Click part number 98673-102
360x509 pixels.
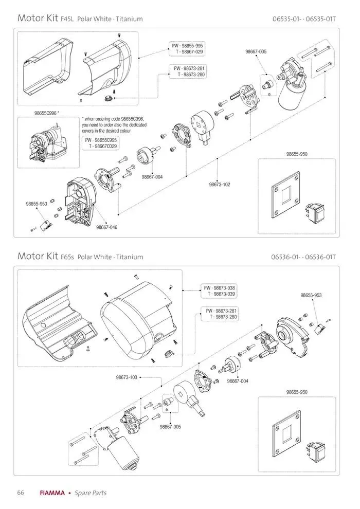point(219,184)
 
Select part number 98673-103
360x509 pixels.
point(127,377)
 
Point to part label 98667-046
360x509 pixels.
point(106,227)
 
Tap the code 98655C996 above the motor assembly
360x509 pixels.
point(46,112)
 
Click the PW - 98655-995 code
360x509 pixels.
point(188,46)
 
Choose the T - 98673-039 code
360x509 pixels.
point(220,294)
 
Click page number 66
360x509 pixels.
point(21,493)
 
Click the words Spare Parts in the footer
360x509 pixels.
point(91,493)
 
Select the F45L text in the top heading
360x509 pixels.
point(67,19)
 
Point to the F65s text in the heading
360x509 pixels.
point(67,257)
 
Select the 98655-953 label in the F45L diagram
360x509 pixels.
point(37,204)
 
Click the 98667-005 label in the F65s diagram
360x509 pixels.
point(170,427)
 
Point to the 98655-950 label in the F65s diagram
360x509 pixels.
point(297,392)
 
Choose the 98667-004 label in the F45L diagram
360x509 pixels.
point(152,177)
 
